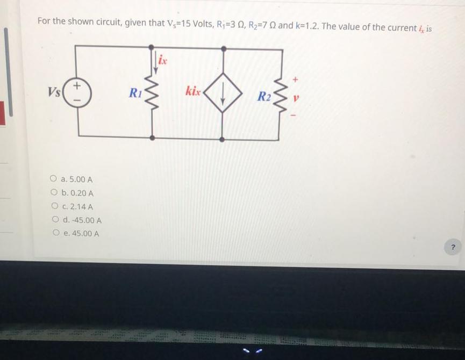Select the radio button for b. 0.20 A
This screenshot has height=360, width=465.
click(54, 193)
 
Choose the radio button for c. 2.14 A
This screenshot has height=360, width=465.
click(54, 206)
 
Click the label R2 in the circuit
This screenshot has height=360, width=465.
click(263, 97)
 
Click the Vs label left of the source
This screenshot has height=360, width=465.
click(53, 91)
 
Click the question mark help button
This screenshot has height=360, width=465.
click(453, 247)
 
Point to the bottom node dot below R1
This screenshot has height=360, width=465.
click(152, 138)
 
